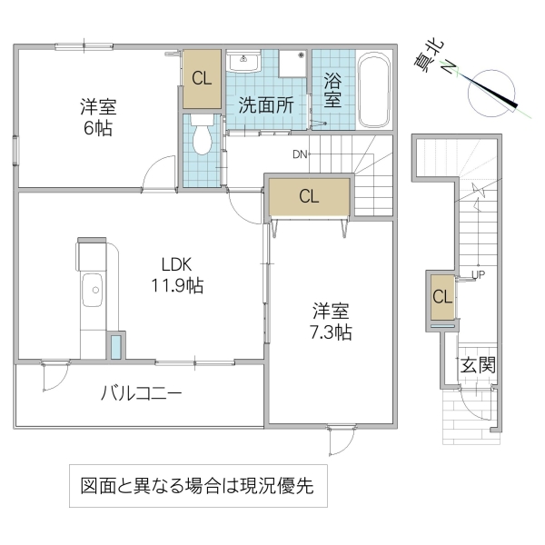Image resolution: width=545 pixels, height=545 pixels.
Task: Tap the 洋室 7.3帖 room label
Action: pos(329,320)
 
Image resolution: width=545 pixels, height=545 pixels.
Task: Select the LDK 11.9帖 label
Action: pos(176,275)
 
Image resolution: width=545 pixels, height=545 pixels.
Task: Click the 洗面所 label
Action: pos(266,103)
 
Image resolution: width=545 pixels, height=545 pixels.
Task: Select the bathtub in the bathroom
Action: pos(373,92)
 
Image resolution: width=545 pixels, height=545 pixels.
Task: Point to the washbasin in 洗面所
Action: pos(243,62)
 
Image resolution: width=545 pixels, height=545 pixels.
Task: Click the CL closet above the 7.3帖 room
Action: pos(308,196)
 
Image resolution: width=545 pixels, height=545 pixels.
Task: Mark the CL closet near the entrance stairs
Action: pos(441,296)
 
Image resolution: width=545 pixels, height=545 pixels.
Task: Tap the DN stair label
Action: pos(300,154)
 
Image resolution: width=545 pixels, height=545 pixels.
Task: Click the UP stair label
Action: pos(478,273)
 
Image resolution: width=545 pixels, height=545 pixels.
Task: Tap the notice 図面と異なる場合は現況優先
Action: pos(196,486)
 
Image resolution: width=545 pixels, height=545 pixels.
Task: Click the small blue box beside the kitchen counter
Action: pos(116,348)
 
